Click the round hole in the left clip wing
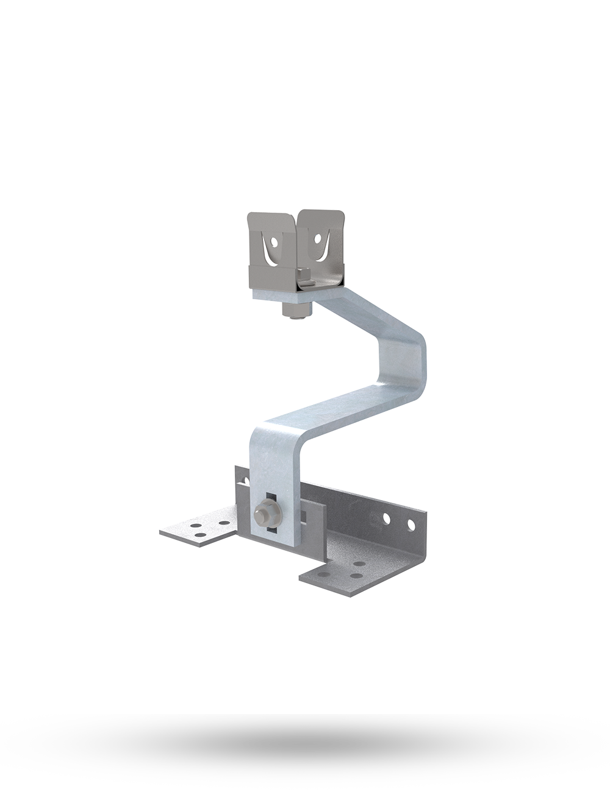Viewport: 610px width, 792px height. click(274, 242)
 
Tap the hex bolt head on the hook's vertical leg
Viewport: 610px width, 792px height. click(265, 510)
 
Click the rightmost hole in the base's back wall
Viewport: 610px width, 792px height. click(411, 524)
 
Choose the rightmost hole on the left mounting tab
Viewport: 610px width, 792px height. click(224, 523)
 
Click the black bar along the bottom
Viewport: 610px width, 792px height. click(305, 752)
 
